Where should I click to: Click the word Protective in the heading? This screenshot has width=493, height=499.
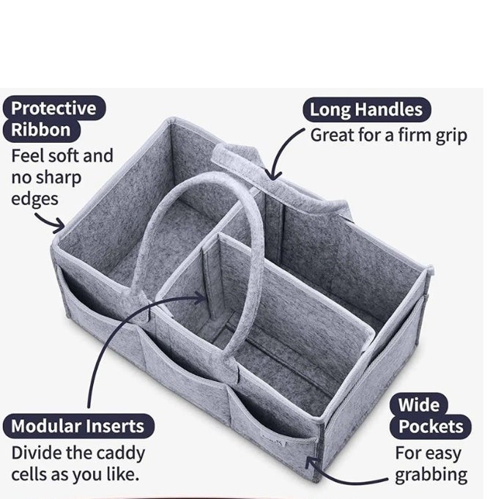coord(53,108)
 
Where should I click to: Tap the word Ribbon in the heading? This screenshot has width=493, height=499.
coord(41,130)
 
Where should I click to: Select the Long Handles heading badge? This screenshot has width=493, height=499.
coord(366,109)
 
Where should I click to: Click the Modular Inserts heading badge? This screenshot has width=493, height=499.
coord(78,426)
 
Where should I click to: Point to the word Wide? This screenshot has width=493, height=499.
coord(419,404)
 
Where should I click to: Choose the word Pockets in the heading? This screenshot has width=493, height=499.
coord(431,426)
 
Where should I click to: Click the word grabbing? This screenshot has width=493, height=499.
coord(431,476)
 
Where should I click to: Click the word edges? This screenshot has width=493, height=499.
coord(34,200)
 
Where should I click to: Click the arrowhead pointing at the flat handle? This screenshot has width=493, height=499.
coord(273,175)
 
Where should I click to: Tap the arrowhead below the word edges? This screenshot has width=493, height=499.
coord(59,226)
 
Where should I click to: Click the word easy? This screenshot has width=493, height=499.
coord(444,454)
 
